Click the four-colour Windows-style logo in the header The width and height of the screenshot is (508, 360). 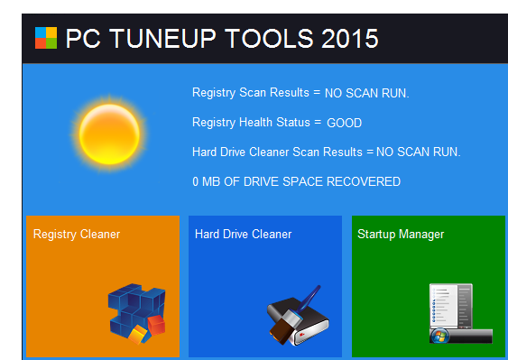[45, 38]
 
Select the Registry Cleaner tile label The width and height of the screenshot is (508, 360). [77, 235]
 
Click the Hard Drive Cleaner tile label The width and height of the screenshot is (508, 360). [243, 235]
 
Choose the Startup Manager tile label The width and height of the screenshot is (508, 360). [401, 235]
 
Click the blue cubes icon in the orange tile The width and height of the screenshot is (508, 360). [136, 312]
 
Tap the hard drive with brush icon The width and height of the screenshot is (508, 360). [299, 317]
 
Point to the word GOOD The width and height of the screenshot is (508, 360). [344, 122]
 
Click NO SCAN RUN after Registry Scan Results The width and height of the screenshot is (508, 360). [367, 93]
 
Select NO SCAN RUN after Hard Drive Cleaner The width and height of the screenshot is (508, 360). [418, 152]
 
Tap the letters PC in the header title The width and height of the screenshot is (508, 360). [80, 39]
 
